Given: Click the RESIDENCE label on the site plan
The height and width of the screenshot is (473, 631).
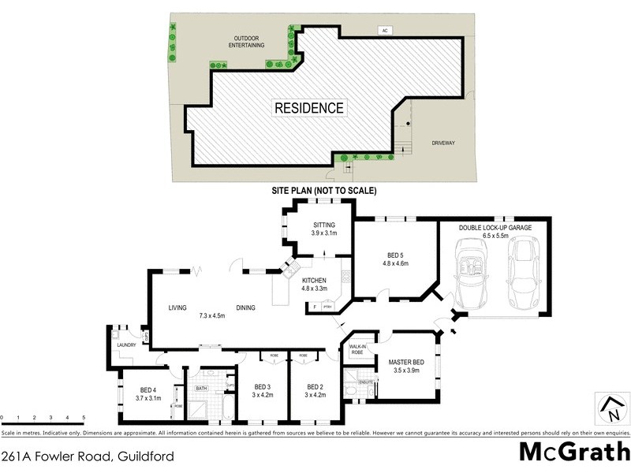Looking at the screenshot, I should [x=308, y=108].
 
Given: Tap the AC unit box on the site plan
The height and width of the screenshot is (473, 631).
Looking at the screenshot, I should [x=386, y=31].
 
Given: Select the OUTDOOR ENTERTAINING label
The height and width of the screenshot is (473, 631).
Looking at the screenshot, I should [x=247, y=42].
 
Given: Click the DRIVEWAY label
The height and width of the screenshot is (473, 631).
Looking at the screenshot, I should [x=443, y=143].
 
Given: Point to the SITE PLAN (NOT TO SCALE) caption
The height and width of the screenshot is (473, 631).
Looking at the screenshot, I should [x=323, y=191].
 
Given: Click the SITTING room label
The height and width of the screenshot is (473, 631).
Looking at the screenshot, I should [x=324, y=228].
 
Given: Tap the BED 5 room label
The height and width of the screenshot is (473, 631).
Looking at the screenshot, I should [x=398, y=259].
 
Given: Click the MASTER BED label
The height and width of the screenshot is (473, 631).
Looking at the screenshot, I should [x=406, y=366].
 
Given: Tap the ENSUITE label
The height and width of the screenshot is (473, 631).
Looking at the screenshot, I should [x=364, y=382].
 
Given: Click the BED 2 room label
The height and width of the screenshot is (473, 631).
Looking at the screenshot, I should [x=315, y=391].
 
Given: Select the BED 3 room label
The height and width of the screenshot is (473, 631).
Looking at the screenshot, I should [x=263, y=391].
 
